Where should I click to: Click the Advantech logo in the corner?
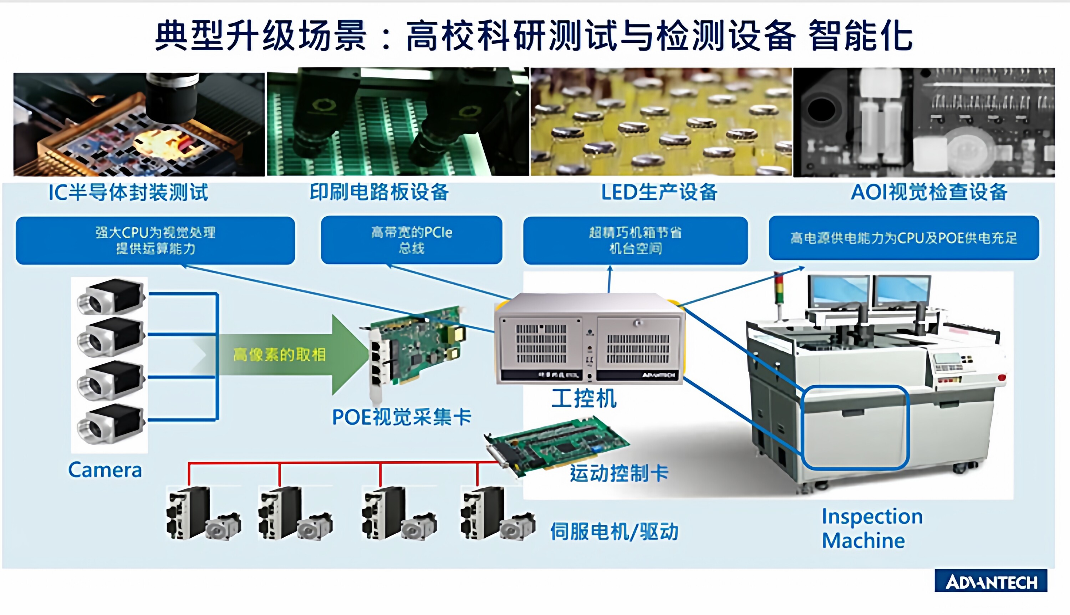point(990,581)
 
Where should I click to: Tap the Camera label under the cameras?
point(105,470)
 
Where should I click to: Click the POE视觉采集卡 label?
point(402,417)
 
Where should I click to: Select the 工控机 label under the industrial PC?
point(584,399)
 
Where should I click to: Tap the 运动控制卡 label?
point(618,473)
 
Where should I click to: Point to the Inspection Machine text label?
point(872,528)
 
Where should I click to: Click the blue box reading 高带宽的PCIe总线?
point(411,240)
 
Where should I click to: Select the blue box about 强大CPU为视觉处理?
point(156,240)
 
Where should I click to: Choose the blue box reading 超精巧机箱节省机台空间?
point(635,240)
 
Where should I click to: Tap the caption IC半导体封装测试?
point(128,193)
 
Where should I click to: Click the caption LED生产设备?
point(659,193)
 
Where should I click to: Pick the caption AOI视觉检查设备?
point(929,193)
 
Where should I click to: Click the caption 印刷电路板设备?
point(379,193)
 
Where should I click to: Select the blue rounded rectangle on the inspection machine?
point(855,427)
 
